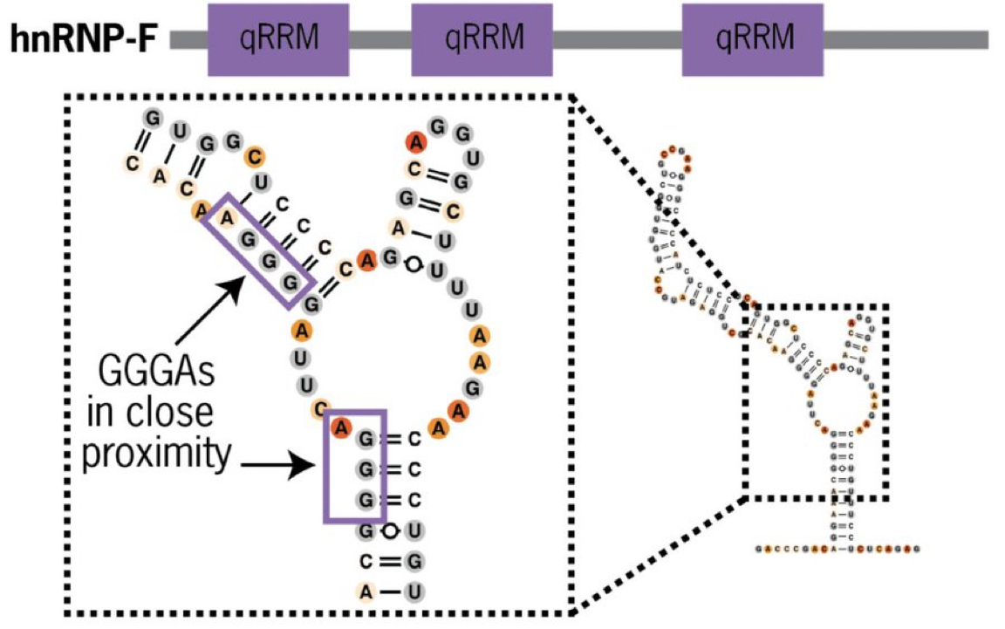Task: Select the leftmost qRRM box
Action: [278, 39]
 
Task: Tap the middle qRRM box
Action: [482, 39]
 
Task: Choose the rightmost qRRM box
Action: [753, 39]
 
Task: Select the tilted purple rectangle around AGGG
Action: [258, 250]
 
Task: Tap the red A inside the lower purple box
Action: [341, 427]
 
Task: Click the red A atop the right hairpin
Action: [412, 142]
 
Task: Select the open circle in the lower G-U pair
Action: [390, 530]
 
